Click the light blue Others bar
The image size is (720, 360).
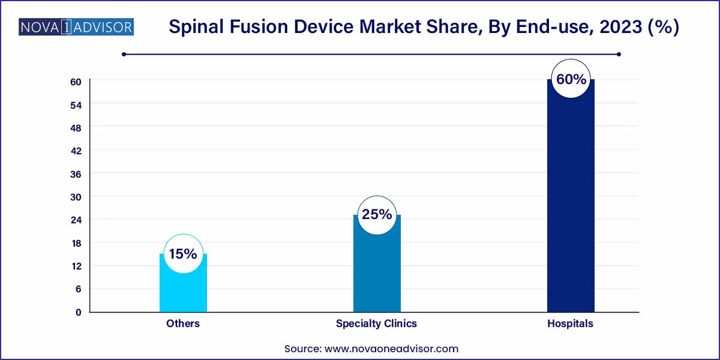tap(183, 291)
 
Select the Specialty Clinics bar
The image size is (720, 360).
tap(377, 270)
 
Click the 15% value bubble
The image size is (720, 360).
tap(183, 254)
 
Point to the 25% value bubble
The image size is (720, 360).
tap(377, 214)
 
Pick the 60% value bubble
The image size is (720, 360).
tap(570, 79)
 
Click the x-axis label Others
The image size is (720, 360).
tap(183, 323)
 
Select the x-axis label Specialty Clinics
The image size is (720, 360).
tap(376, 323)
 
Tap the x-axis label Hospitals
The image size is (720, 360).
tap(570, 323)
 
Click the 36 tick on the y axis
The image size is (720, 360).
tap(77, 174)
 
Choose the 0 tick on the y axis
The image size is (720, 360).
tap(77, 312)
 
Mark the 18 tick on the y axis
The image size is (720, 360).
tap(77, 243)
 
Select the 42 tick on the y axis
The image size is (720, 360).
tap(77, 151)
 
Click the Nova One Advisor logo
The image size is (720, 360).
tap(76, 27)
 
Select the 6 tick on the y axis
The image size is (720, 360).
tap(77, 289)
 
